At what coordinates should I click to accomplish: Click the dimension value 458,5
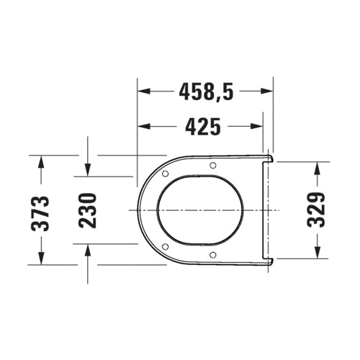click(205, 93)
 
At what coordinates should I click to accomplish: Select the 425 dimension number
click(202, 127)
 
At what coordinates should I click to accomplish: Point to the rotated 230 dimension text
click(87, 210)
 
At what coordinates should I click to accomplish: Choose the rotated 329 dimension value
click(318, 210)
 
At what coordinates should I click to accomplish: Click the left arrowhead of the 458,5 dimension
click(143, 92)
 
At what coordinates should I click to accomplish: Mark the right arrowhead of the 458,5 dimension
click(268, 92)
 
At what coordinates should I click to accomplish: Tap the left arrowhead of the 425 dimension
click(143, 127)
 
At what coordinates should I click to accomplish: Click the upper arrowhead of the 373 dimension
click(41, 161)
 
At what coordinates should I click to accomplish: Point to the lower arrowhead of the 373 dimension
click(41, 258)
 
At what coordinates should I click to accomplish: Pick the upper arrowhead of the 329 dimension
click(318, 167)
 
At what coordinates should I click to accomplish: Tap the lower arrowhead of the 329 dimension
click(318, 252)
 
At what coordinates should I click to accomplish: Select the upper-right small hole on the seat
click(213, 166)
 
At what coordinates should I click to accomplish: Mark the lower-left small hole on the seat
click(166, 247)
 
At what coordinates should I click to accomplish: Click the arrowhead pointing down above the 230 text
click(87, 169)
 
